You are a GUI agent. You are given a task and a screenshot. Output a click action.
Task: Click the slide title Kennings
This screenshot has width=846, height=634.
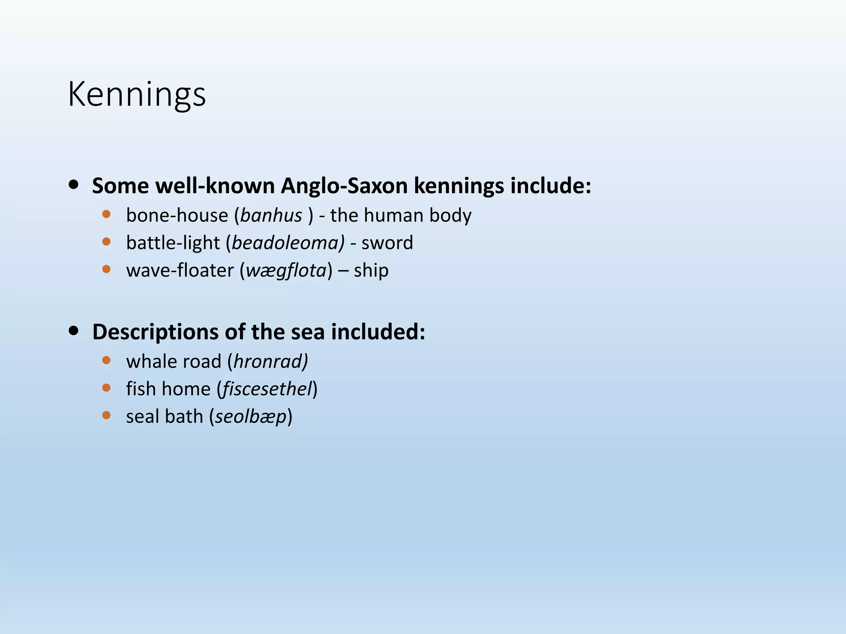(x=137, y=95)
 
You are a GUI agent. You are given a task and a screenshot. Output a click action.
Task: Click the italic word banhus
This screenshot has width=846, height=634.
(x=271, y=216)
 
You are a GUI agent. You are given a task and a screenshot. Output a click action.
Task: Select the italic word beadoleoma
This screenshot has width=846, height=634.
(x=288, y=243)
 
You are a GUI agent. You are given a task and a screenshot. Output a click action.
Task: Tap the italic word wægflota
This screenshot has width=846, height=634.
(x=286, y=271)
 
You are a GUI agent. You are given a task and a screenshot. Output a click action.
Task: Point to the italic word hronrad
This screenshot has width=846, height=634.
(x=271, y=362)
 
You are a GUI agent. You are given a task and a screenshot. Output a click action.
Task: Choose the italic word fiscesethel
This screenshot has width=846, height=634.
(x=267, y=389)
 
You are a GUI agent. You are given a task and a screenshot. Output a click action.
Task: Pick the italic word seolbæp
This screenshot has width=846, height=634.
(x=251, y=417)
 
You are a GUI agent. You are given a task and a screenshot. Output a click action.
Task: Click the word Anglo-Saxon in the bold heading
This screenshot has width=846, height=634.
(x=345, y=186)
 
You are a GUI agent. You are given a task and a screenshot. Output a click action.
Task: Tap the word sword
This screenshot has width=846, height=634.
(x=387, y=243)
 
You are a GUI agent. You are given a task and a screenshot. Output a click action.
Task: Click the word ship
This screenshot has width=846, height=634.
(x=371, y=271)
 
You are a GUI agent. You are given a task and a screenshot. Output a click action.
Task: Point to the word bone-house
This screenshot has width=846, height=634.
(x=177, y=216)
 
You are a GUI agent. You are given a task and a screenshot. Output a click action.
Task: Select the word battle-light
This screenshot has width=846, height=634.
(x=173, y=243)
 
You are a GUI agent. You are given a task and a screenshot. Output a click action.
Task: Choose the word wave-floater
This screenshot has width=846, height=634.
(x=180, y=271)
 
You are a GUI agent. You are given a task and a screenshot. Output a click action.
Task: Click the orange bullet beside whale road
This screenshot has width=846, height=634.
(x=107, y=360)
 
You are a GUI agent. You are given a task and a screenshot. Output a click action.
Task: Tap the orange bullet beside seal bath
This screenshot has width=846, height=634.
(x=107, y=415)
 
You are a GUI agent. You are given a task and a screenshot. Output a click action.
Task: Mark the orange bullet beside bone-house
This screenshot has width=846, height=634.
(x=107, y=214)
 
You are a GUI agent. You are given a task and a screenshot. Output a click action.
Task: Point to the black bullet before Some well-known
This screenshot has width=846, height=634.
(x=74, y=185)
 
